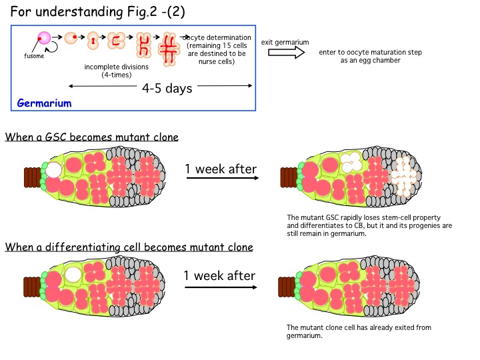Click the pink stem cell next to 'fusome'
pos(45,39)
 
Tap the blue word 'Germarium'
pos(45,103)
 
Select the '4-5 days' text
pos(167,88)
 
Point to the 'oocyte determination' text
pos(218,37)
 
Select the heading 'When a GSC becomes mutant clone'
pos(91,138)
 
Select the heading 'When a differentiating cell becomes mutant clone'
pos(129,247)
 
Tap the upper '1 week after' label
pos(221,169)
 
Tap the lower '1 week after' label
pos(219,275)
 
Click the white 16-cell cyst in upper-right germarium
pos(403,179)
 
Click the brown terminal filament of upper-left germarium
pos(31,177)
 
